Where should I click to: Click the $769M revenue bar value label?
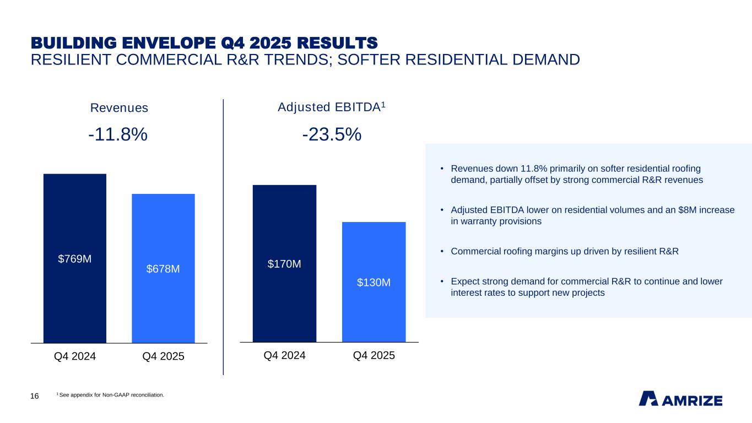75,259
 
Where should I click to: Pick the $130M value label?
374,283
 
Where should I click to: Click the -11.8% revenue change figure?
118,134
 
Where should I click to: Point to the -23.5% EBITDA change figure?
332,134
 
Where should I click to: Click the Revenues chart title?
119,108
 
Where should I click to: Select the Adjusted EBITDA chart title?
331,107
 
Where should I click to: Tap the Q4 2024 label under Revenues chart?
75,356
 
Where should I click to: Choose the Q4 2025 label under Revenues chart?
163,356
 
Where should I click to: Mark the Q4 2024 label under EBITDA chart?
284,356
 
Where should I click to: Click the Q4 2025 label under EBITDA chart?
374,356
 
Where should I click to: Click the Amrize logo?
680,399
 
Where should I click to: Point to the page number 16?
34,397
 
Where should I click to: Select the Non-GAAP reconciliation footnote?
110,394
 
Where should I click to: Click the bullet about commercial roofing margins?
564,251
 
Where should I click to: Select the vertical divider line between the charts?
223,237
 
